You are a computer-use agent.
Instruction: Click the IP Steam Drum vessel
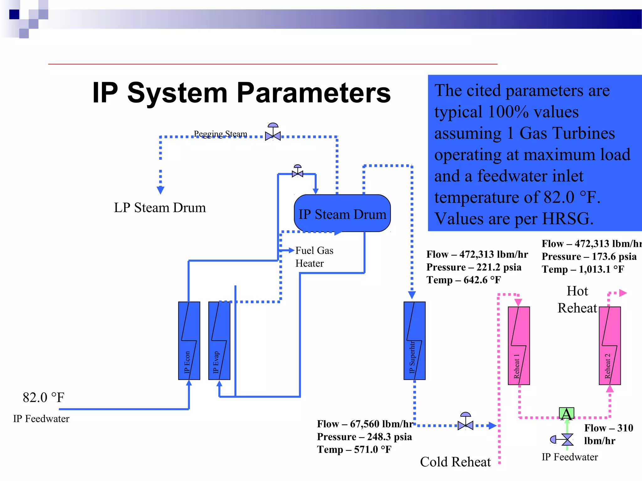pos(342,213)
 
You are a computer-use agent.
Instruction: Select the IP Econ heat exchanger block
pos(189,341)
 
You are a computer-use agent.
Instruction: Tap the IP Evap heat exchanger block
pos(219,341)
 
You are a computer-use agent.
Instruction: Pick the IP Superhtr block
pos(414,341)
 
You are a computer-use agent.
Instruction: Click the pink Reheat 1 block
pos(518,346)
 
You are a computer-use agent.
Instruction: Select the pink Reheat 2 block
pos(609,346)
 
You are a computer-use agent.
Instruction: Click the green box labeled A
pos(566,414)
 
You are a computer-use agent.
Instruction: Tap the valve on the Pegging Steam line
pos(273,135)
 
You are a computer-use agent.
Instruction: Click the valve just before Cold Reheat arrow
pos(465,425)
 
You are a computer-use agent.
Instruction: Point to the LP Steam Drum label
pos(160,208)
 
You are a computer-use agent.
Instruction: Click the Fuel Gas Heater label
pos(314,257)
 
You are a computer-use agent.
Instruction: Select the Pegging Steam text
pos(220,134)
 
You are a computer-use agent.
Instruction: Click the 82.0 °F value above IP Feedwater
pos(43,397)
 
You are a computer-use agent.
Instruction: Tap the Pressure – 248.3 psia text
pos(364,437)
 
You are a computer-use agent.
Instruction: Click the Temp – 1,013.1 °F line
pos(583,269)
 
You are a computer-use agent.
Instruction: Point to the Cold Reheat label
pos(455,462)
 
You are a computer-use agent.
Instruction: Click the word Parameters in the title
pos(313,93)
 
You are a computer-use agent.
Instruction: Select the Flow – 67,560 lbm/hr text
pos(365,424)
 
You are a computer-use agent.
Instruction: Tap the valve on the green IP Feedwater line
pos(567,439)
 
